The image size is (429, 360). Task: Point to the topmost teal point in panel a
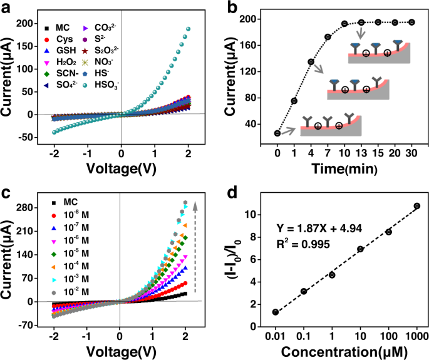(x=187, y=29)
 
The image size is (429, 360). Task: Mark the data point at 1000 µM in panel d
(x=416, y=206)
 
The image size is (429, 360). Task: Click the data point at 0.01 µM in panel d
(x=276, y=312)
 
